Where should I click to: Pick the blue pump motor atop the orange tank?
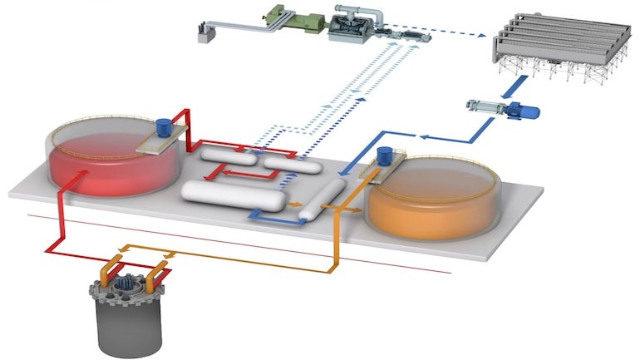(384, 155)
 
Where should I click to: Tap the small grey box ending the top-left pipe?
(203, 34)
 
